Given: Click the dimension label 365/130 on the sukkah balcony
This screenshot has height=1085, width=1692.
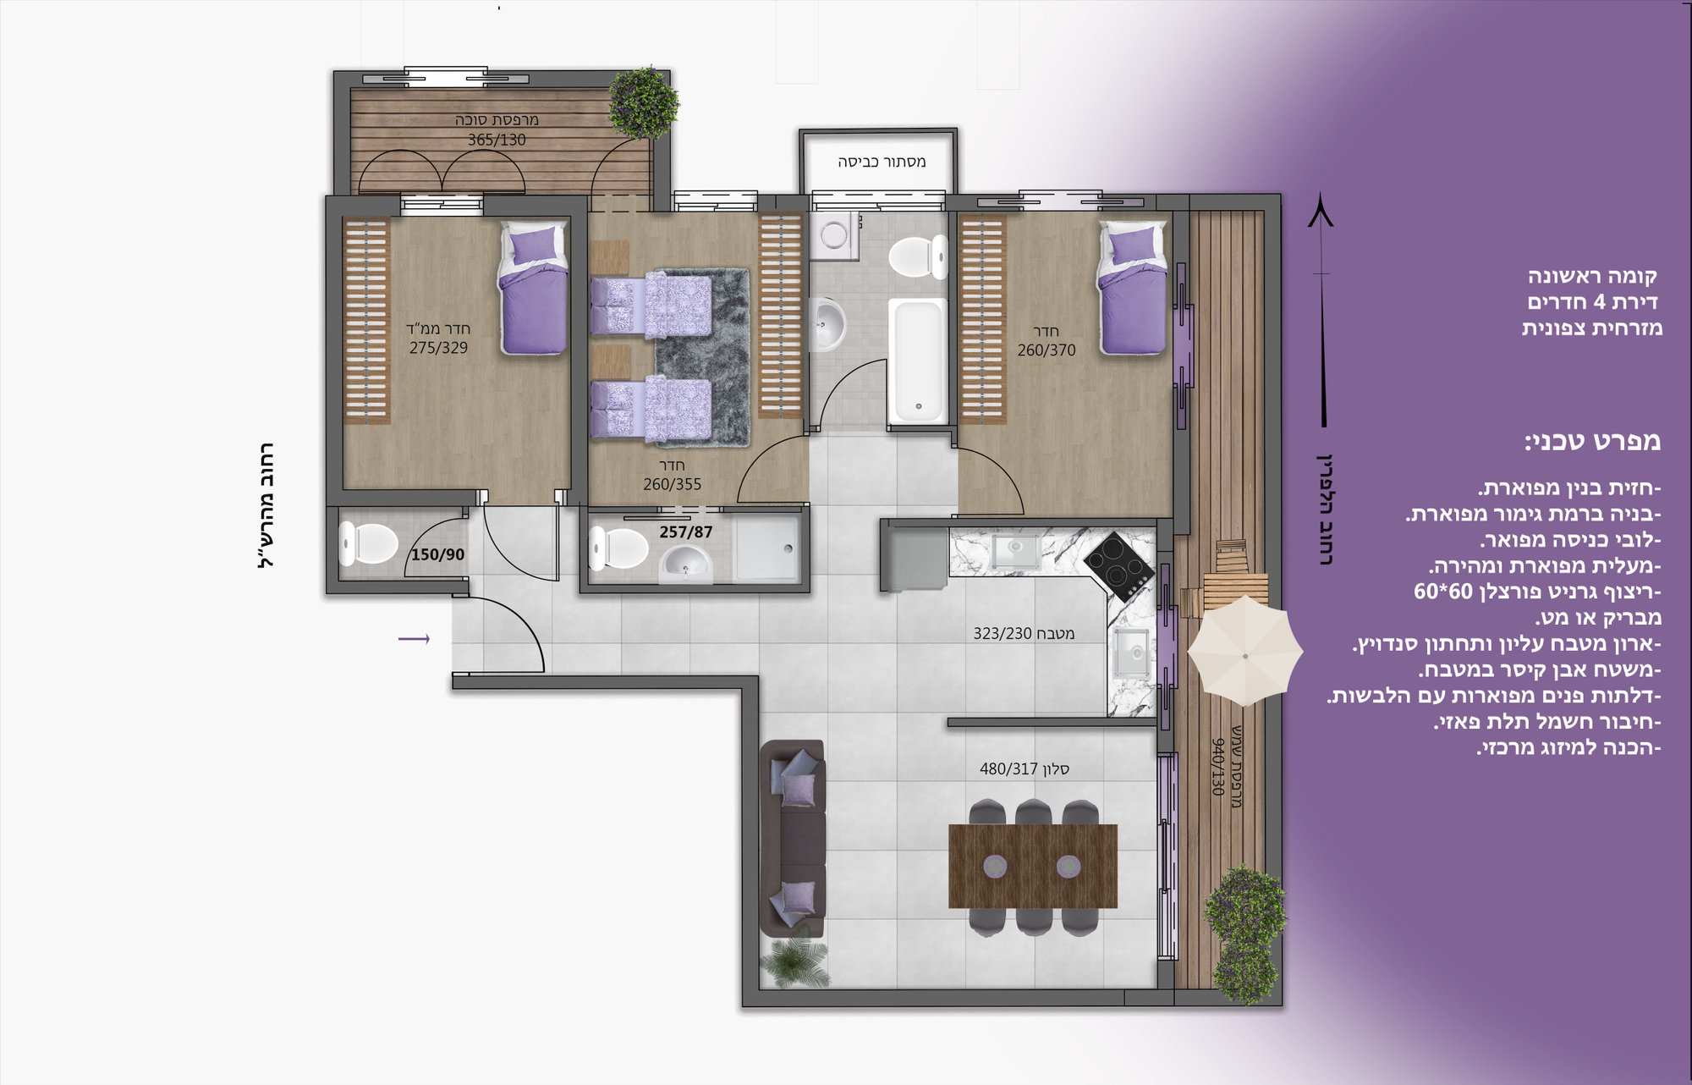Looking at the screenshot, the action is point(497,140).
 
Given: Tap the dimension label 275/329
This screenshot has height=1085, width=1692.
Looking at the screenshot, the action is point(438,348).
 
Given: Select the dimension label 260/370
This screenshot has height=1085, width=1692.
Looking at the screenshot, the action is point(1047,350).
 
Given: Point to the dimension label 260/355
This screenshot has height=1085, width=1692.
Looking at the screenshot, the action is point(672,485).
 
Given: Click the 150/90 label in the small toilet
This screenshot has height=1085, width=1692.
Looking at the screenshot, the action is point(437,555).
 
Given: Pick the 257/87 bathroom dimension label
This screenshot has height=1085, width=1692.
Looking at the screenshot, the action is point(686,532).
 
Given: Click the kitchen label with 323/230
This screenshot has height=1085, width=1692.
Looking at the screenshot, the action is point(1024,634).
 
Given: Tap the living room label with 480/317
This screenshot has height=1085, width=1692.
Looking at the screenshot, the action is point(1025,769).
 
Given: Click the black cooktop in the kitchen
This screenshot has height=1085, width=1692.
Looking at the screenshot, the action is point(1119,565).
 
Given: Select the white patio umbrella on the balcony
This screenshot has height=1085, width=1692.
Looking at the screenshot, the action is point(1245,650).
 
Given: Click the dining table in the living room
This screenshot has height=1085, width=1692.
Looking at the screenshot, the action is point(1033,866).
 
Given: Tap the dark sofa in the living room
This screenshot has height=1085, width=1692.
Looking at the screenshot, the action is point(793,838).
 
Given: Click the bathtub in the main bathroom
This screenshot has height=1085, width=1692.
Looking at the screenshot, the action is point(918,361).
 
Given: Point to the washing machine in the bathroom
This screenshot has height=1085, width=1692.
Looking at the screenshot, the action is point(834,235).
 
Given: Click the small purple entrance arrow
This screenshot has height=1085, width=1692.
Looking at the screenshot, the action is point(414,639).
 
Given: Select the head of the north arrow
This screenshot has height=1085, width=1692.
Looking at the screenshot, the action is point(1321,210).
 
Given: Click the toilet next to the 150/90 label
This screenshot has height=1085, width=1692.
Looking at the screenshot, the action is point(368,543).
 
